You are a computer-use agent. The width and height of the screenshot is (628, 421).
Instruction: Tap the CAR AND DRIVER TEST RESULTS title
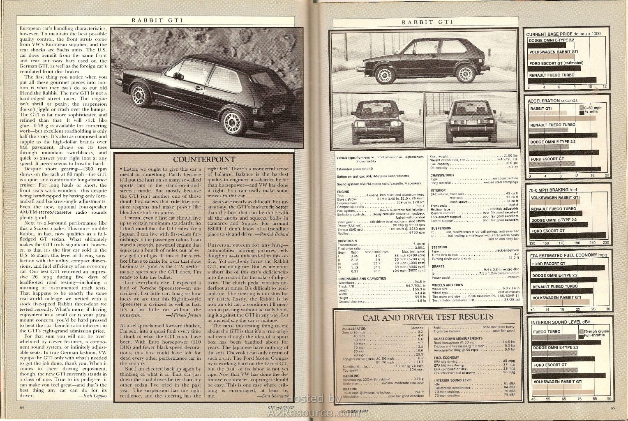tap(427, 317)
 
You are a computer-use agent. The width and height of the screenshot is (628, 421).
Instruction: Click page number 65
tap(612, 408)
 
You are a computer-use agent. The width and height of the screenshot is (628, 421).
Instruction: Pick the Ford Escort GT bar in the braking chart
tap(567, 236)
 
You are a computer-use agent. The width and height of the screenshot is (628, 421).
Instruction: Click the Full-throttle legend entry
tap(593, 335)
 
